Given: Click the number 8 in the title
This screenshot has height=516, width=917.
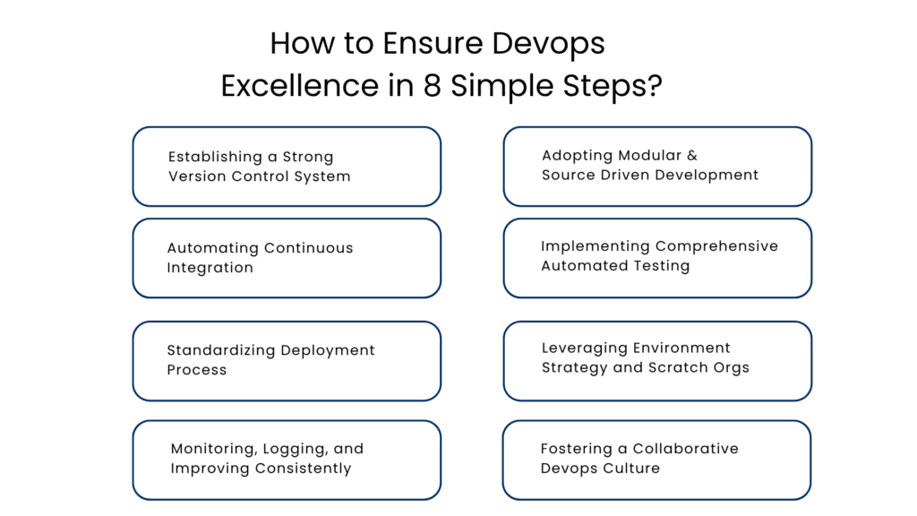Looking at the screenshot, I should (434, 86).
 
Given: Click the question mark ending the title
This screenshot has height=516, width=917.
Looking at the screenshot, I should (656, 86).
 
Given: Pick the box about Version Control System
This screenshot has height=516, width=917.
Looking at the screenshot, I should (287, 167).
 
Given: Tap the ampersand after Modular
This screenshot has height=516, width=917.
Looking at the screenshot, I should (692, 155).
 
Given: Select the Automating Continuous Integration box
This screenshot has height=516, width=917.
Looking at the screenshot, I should (287, 258).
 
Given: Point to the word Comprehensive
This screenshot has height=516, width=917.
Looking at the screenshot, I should (716, 246).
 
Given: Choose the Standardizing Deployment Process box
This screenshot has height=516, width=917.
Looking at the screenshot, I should (287, 360).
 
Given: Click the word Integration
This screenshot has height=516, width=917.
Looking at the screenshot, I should (210, 268).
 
